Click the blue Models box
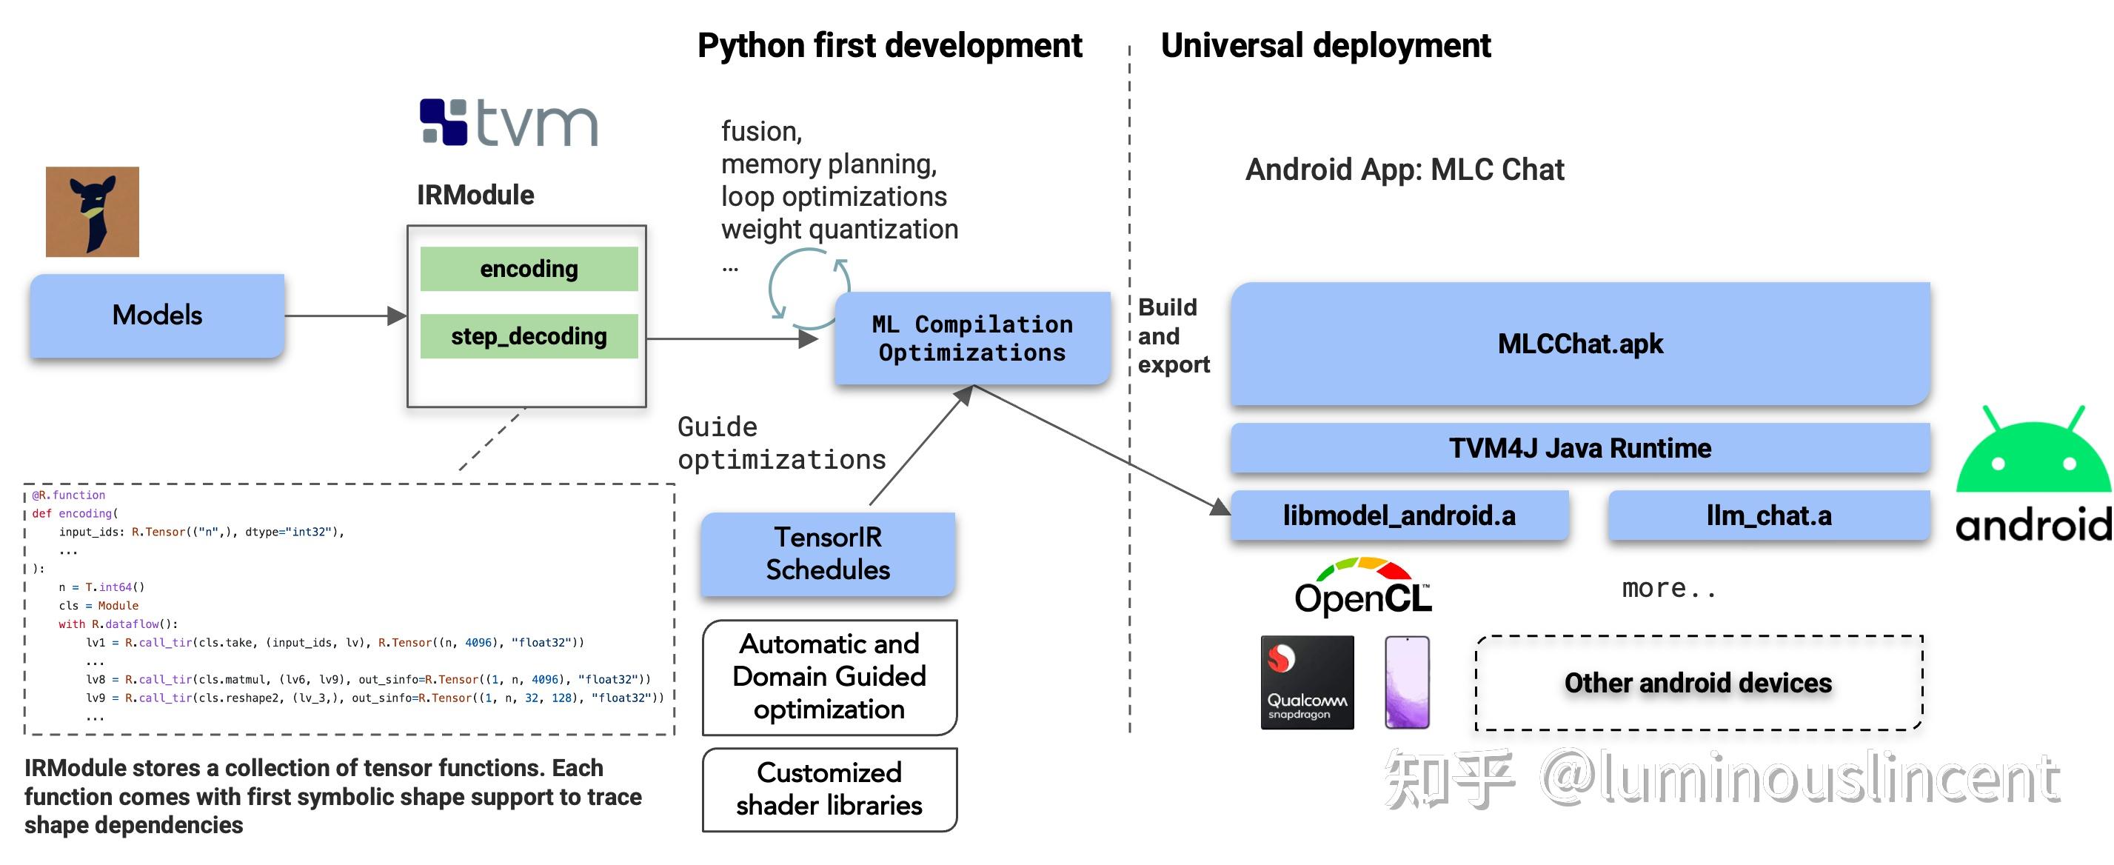point(158,316)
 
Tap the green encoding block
point(529,269)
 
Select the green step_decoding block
point(529,336)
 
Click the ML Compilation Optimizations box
point(972,338)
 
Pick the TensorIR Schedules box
point(828,554)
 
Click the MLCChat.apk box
point(1579,344)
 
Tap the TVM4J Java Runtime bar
point(1579,448)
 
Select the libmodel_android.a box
point(1399,515)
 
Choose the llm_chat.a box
point(1768,515)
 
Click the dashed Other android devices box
point(1699,683)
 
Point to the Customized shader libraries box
point(829,789)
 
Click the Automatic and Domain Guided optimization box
point(829,677)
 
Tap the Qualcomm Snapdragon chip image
point(1308,683)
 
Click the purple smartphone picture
point(1408,683)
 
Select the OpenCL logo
point(1363,587)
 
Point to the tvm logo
point(509,123)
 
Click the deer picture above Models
point(93,212)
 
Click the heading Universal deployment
point(1325,46)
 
